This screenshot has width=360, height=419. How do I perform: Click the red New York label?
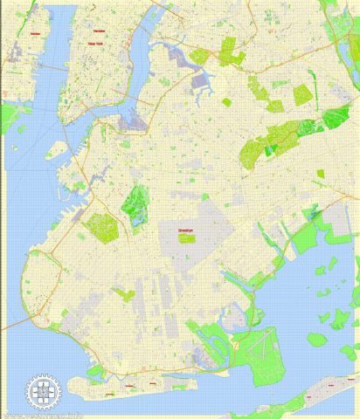point(93,41)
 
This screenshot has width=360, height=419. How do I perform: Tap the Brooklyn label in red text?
point(185,230)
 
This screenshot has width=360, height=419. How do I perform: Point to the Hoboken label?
point(35,33)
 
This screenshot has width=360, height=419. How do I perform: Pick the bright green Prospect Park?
point(135,204)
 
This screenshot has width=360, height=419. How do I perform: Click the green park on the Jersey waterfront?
point(10,114)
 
